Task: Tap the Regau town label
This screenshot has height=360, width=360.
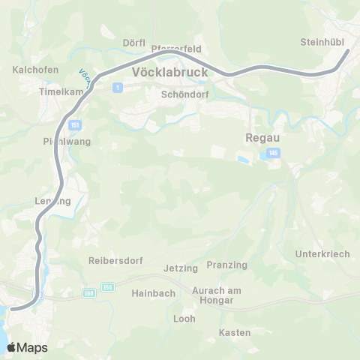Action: point(262,138)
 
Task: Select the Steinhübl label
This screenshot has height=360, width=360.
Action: point(321,42)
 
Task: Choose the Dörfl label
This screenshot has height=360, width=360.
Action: point(133,43)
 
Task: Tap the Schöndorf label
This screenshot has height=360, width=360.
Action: point(184,95)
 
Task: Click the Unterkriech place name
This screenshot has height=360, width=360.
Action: point(323,254)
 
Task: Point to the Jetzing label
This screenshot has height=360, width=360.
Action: point(181,268)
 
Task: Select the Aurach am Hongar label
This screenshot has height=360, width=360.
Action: point(214,295)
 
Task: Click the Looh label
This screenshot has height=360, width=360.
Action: point(184,319)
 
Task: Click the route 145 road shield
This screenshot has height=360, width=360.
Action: point(271,154)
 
